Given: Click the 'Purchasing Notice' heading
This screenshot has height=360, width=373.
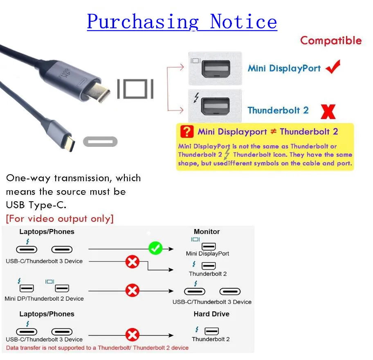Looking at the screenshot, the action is (182, 21).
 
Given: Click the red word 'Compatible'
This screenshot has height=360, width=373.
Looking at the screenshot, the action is (331, 40).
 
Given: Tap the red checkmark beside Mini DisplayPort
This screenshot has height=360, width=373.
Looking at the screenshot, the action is (333, 67).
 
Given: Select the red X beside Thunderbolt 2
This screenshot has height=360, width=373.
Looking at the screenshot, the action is (328, 111).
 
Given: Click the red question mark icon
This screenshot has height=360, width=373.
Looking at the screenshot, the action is (186, 132).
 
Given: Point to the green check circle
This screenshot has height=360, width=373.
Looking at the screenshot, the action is (155, 248).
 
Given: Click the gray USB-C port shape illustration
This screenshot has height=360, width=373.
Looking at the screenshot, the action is (100, 142).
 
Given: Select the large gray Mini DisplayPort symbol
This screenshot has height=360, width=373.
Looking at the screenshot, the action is (135, 89).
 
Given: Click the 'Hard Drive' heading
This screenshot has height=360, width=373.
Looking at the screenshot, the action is (211, 314).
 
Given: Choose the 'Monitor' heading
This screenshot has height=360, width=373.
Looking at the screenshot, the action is (207, 232).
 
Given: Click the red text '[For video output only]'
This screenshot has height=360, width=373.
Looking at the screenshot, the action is (60, 218).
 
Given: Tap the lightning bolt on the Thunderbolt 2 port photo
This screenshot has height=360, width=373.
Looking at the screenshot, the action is (197, 98).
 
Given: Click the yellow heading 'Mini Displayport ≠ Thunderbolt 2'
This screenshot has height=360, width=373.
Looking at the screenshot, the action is (268, 132).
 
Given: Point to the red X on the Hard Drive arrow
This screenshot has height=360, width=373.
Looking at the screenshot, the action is (132, 335).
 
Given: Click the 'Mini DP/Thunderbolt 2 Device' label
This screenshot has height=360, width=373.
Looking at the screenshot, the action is (44, 299).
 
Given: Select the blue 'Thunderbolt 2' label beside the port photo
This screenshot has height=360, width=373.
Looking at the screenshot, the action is (278, 110).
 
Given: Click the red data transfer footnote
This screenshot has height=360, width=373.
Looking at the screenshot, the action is (97, 348).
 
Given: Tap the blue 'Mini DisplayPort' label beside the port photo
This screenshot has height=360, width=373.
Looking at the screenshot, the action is (284, 68).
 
